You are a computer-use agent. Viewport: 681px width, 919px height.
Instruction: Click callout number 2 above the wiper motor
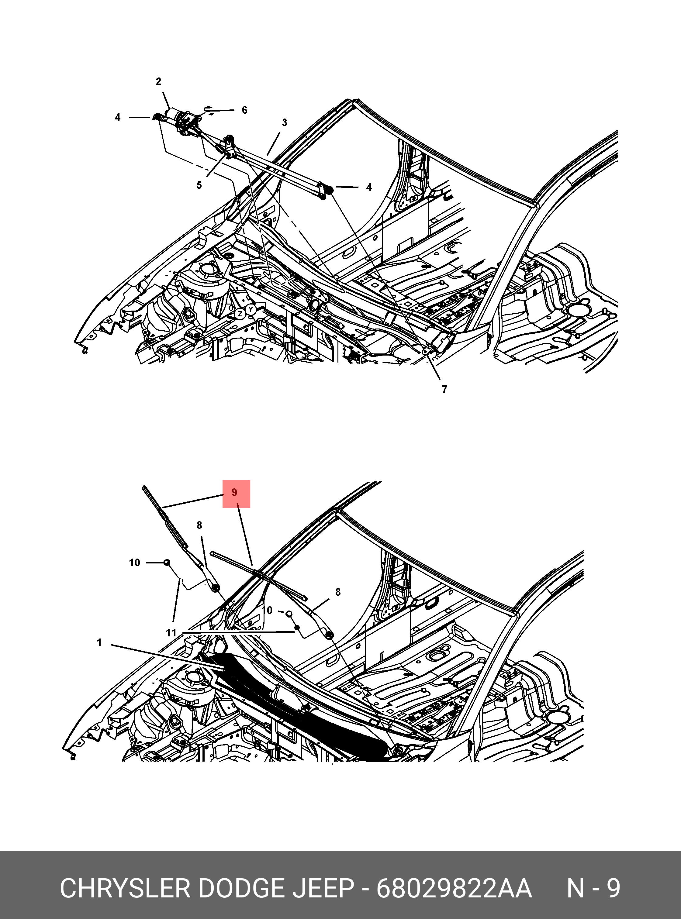pos(158,81)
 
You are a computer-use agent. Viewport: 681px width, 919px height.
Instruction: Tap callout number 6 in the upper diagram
pos(244,110)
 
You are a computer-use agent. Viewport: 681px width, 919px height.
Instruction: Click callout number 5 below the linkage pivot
pos(199,185)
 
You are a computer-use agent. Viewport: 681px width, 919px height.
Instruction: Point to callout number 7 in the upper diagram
pos(444,389)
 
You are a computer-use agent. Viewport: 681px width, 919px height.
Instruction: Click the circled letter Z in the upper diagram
pos(240,314)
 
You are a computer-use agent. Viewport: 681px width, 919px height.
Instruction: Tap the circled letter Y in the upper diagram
pos(250,309)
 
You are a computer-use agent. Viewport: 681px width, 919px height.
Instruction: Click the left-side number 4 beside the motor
pos(117,117)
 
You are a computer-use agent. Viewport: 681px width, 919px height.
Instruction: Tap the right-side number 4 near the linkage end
pos(369,187)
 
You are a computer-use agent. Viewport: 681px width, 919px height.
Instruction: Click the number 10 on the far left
pos(134,563)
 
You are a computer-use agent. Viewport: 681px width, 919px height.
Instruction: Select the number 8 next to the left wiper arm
pos(199,525)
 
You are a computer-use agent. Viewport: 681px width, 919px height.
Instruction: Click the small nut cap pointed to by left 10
pos(167,562)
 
